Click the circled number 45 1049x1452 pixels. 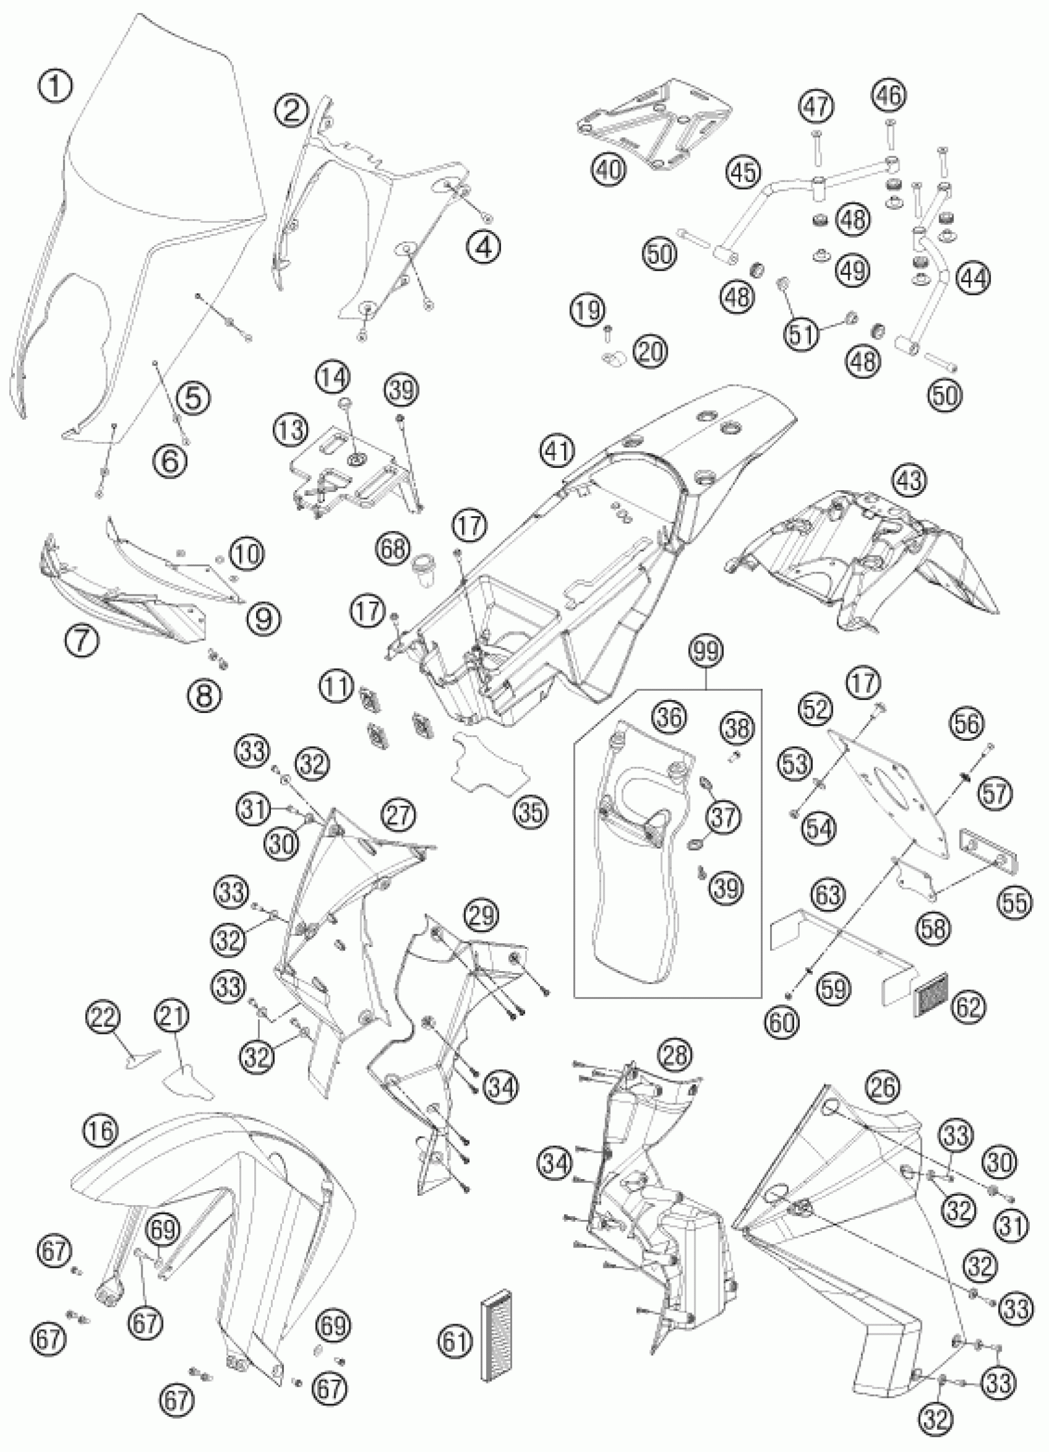[x=744, y=173]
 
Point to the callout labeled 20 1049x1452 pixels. [x=651, y=351]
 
